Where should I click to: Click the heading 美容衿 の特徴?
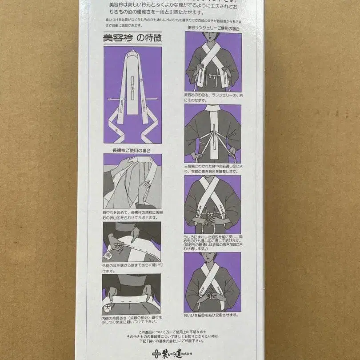[x=132, y=39]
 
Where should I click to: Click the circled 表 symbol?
[x=108, y=256]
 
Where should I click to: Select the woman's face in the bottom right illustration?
[x=212, y=258]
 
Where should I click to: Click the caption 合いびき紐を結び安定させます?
[x=211, y=315]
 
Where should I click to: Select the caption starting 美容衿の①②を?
[x=212, y=97]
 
